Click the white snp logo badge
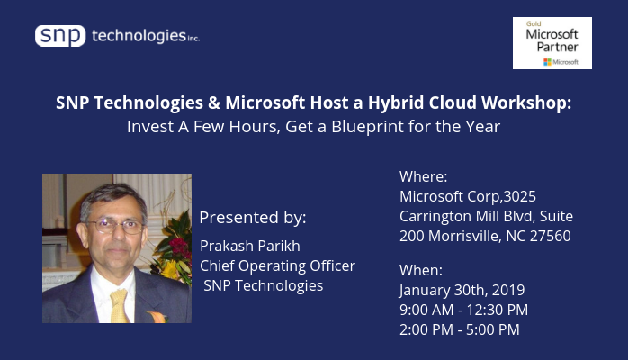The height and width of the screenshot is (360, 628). coord(60,36)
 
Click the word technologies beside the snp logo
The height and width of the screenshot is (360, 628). coord(139,36)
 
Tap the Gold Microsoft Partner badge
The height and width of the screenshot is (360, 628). coord(552,43)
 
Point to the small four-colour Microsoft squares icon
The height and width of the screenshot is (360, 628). coord(547,62)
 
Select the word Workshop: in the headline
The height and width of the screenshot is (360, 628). coord(526,103)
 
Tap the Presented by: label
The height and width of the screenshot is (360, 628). coord(253,218)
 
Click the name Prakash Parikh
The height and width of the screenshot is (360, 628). coord(250,246)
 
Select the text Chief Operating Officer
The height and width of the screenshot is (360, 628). coord(277,265)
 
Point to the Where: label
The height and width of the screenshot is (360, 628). coord(424,176)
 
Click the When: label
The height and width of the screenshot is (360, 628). coord(421,270)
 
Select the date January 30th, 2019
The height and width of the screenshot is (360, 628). coord(462,291)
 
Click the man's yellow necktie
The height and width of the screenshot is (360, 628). coord(119,305)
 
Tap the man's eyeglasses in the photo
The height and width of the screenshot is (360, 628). coord(116,226)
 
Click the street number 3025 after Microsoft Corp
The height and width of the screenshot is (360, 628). coord(519,196)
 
